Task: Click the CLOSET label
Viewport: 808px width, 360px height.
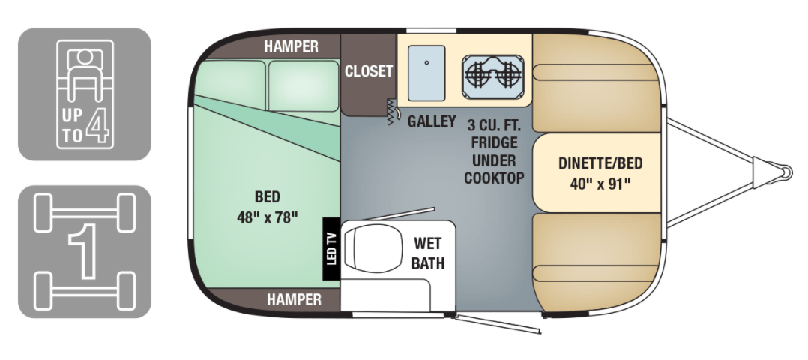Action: (369, 71)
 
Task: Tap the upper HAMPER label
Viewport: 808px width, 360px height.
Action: (291, 46)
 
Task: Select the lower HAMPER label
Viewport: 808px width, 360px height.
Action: (295, 299)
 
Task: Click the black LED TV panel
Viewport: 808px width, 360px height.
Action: (331, 249)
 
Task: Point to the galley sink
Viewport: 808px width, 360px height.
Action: (426, 73)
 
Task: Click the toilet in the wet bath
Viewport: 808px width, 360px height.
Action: (372, 247)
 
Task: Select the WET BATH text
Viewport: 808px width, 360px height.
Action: (428, 253)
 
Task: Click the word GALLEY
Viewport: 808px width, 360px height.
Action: (432, 121)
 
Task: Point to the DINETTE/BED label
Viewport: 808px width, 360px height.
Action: (600, 164)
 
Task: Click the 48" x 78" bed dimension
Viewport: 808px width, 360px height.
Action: (268, 217)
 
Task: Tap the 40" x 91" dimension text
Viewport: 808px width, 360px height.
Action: (600, 184)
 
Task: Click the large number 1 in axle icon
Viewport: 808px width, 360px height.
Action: (84, 250)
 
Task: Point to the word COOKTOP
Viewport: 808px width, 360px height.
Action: (494, 178)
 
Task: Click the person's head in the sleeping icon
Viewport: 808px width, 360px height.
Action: (84, 56)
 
